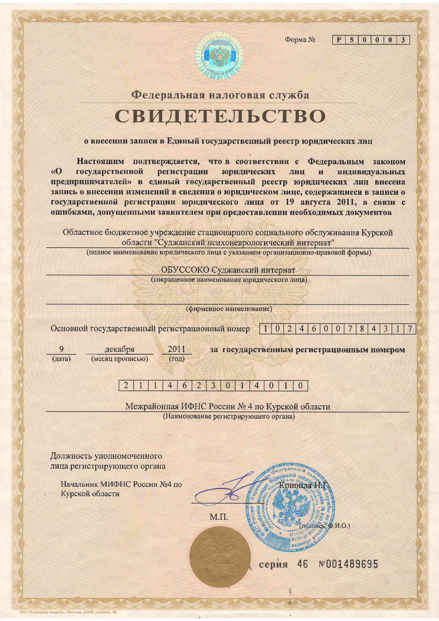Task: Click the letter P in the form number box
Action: pyautogui.click(x=339, y=40)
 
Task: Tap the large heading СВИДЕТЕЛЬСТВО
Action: pyautogui.click(x=220, y=116)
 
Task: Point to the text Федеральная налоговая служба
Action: pyautogui.click(x=220, y=95)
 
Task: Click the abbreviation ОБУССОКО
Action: pyautogui.click(x=185, y=270)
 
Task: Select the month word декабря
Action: pyautogui.click(x=120, y=349)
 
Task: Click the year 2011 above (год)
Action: pyautogui.click(x=177, y=349)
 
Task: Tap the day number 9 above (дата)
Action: pyautogui.click(x=61, y=349)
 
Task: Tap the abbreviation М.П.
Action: pyautogui.click(x=219, y=518)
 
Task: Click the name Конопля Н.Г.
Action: pyautogui.click(x=304, y=485)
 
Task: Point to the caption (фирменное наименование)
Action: pyautogui.click(x=229, y=309)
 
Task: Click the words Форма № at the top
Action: pyautogui.click(x=300, y=40)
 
